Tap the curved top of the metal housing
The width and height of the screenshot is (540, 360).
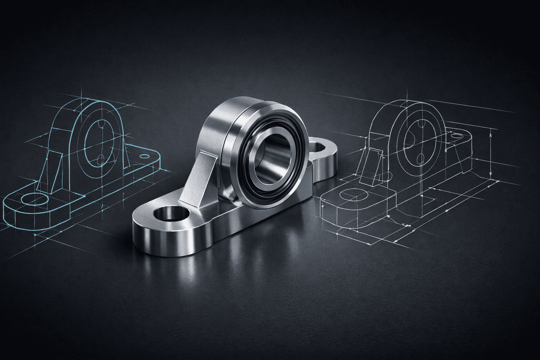225,105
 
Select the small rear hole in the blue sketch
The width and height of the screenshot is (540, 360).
144,156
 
